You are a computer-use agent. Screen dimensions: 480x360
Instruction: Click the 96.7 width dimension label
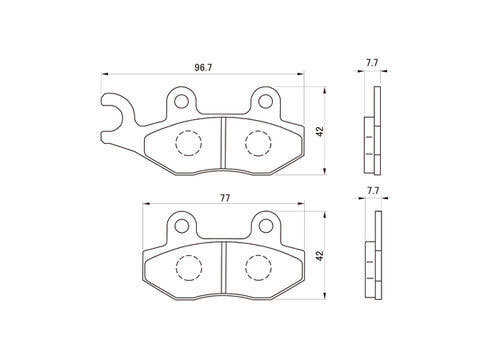pyautogui.click(x=203, y=68)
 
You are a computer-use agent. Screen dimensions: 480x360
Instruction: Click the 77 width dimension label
pyautogui.click(x=225, y=198)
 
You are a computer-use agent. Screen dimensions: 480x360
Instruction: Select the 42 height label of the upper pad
pyautogui.click(x=320, y=131)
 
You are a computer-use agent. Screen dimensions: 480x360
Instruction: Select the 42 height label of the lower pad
pyautogui.click(x=320, y=256)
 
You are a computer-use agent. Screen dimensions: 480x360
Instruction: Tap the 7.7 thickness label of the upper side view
pyautogui.click(x=372, y=63)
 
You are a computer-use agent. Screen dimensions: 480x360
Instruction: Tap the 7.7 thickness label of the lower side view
pyautogui.click(x=373, y=191)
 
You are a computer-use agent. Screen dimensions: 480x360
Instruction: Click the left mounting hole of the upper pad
pyautogui.click(x=181, y=101)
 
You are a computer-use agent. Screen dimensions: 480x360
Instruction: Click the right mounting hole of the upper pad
pyautogui.click(x=266, y=101)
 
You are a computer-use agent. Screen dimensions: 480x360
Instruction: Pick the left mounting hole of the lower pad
pyautogui.click(x=182, y=226)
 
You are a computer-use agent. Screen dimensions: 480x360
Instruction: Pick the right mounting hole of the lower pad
pyautogui.click(x=266, y=226)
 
